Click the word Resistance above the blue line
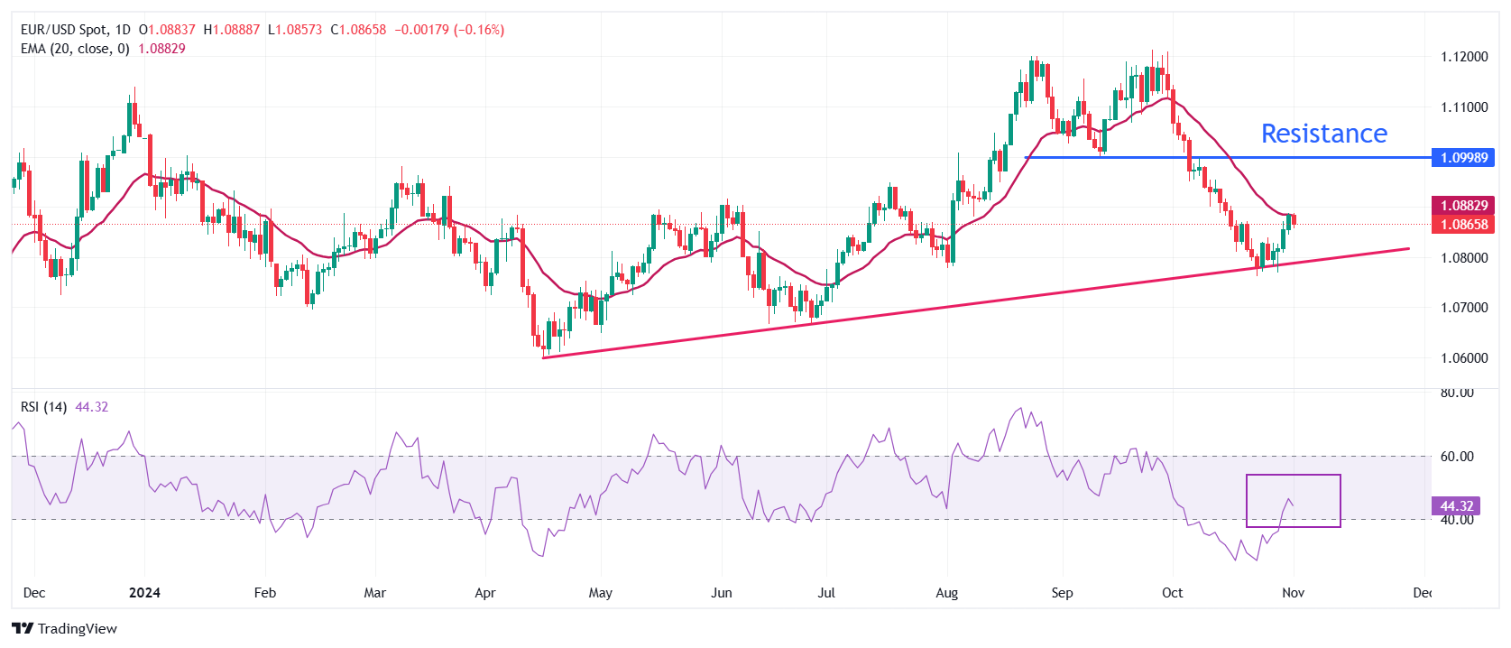1323,134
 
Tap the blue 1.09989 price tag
1462,158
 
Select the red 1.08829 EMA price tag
1462,206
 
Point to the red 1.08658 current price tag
1462,225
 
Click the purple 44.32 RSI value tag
1456,506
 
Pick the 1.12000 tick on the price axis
1463,57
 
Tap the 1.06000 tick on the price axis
1463,358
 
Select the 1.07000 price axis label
1463,308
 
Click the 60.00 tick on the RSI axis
1456,457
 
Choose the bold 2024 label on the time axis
144,593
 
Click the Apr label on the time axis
485,593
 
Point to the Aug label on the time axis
946,593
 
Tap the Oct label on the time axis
1172,593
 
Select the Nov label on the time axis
1293,593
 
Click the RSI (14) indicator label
43,407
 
